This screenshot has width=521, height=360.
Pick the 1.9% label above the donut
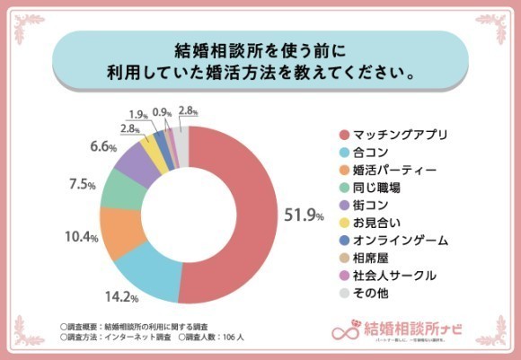pos(139,114)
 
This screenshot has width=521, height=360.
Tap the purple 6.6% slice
pos(136,159)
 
